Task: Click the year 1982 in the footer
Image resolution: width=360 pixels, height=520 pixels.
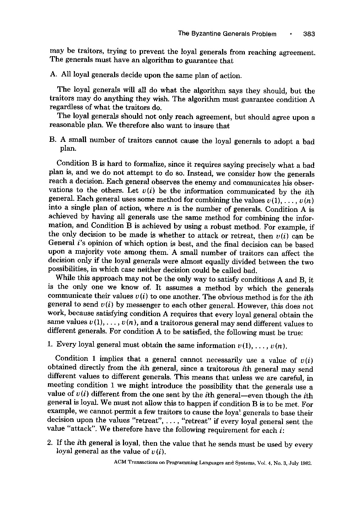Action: (305, 463)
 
